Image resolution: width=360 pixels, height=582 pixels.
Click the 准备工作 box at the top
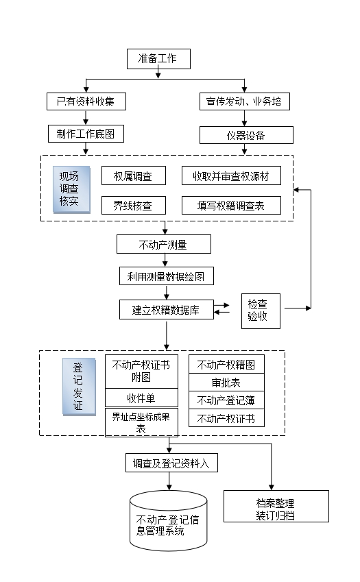158,59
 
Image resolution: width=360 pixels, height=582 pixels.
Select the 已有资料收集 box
86,101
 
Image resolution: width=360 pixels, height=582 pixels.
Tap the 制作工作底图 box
86,134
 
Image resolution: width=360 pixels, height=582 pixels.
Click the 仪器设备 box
246,135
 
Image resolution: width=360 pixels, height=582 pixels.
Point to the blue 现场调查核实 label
71,189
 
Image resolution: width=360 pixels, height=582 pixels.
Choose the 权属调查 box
134,176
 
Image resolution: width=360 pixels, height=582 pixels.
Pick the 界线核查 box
134,205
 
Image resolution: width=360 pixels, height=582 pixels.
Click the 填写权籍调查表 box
231,205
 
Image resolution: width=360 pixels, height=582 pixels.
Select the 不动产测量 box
164,244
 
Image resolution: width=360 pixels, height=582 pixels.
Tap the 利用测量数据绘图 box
166,276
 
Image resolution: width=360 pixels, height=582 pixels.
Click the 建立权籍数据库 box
166,310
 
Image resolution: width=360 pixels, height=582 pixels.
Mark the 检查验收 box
261,311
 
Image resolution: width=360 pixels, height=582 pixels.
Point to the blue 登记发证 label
79,387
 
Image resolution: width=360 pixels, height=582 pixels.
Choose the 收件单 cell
141,398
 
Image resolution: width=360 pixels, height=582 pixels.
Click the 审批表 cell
226,383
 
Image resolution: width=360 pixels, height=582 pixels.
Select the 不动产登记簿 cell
226,400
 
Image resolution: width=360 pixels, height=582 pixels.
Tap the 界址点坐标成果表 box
141,422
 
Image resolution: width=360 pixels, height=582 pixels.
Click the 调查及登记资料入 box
171,463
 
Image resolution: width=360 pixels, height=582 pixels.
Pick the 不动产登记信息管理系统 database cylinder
169,520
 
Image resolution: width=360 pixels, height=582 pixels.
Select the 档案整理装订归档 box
276,507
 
